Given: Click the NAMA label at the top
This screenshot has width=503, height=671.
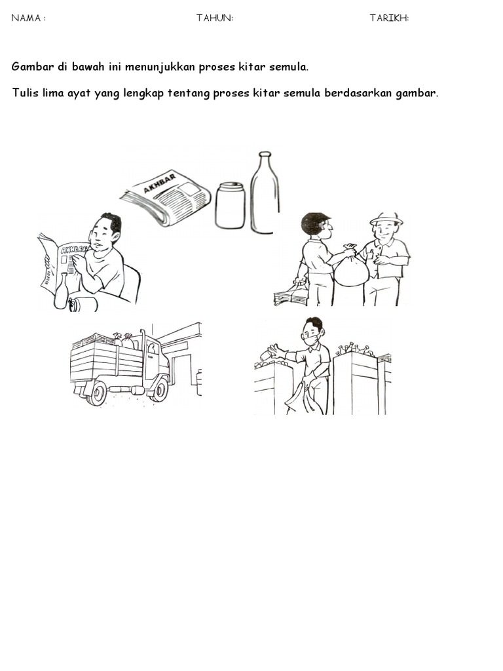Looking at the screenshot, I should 26,18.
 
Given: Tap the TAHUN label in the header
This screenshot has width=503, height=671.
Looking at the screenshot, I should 214,18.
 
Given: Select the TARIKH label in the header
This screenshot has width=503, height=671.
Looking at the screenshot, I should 388,18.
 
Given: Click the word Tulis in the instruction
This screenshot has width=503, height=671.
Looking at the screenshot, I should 25,93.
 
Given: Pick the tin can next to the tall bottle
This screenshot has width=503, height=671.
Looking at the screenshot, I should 230,206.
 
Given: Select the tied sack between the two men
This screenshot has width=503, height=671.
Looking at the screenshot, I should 351,269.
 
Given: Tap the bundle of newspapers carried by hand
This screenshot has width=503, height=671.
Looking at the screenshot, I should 291,297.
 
